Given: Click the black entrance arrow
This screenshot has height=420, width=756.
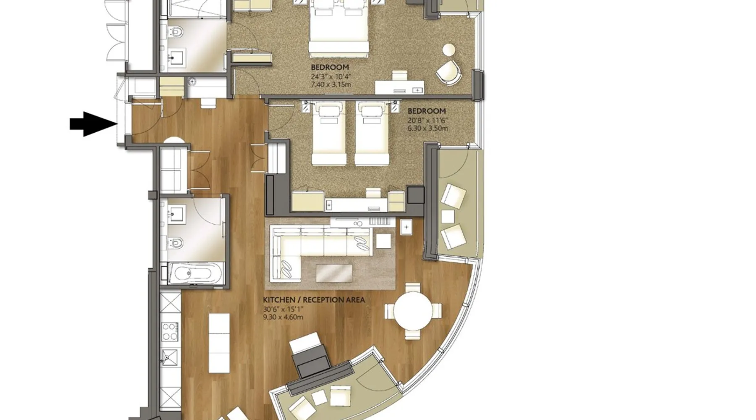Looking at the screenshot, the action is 93,124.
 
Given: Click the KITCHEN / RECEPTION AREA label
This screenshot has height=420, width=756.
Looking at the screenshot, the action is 314,300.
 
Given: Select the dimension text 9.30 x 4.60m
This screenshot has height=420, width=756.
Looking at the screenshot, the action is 283,317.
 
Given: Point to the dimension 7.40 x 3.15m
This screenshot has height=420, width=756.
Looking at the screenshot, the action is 331,85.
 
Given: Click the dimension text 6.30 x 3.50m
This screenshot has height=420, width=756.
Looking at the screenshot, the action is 428,128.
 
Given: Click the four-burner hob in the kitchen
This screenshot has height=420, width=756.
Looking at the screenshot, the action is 170,331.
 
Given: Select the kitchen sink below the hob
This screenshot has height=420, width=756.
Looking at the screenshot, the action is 170,357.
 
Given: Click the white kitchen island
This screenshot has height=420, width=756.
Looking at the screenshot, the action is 219,343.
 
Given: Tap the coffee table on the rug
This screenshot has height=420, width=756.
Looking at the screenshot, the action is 334,273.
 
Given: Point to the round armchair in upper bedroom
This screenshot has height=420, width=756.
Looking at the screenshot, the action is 448,71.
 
